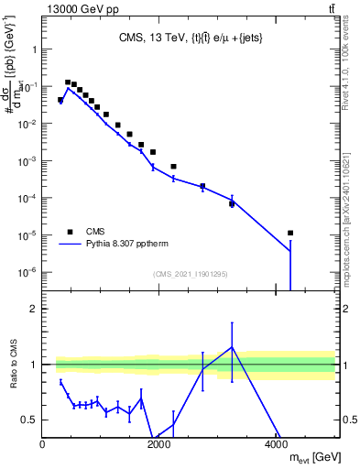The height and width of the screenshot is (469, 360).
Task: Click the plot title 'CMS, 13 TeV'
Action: pos(144,38)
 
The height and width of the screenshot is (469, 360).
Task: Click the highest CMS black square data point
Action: pos(68,82)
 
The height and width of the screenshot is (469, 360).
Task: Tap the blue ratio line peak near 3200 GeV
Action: pos(232,347)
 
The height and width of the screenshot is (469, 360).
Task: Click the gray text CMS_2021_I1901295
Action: pos(190,274)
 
